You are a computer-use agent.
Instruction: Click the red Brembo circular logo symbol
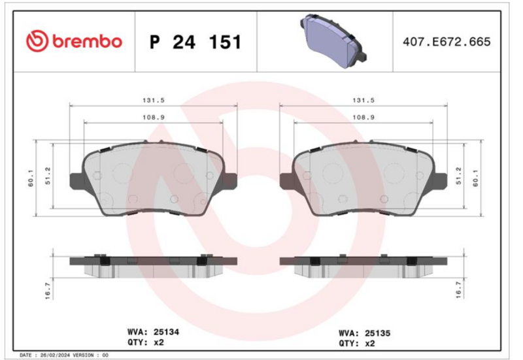pyautogui.click(x=37, y=41)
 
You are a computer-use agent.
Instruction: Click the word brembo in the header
pyautogui.click(x=87, y=41)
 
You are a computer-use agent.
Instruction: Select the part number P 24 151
pyautogui.click(x=195, y=42)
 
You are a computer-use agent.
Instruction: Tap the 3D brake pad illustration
pyautogui.click(x=333, y=41)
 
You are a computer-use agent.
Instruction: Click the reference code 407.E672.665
pyautogui.click(x=447, y=42)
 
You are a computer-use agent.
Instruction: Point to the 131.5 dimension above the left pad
pyautogui.click(x=154, y=100)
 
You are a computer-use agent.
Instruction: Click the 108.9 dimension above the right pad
pyautogui.click(x=363, y=118)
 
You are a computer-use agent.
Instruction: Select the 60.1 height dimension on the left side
pyautogui.click(x=31, y=178)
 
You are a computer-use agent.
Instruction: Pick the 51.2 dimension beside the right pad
pyautogui.click(x=459, y=176)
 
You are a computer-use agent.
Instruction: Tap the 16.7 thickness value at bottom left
pyautogui.click(x=47, y=291)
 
